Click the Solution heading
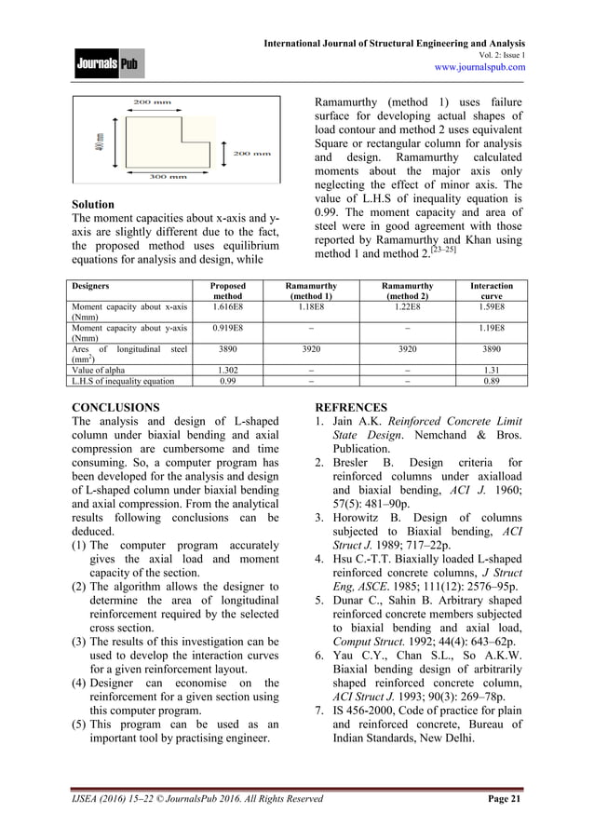tap(93, 204)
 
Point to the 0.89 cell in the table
tap(492, 380)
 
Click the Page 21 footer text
tap(503, 798)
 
